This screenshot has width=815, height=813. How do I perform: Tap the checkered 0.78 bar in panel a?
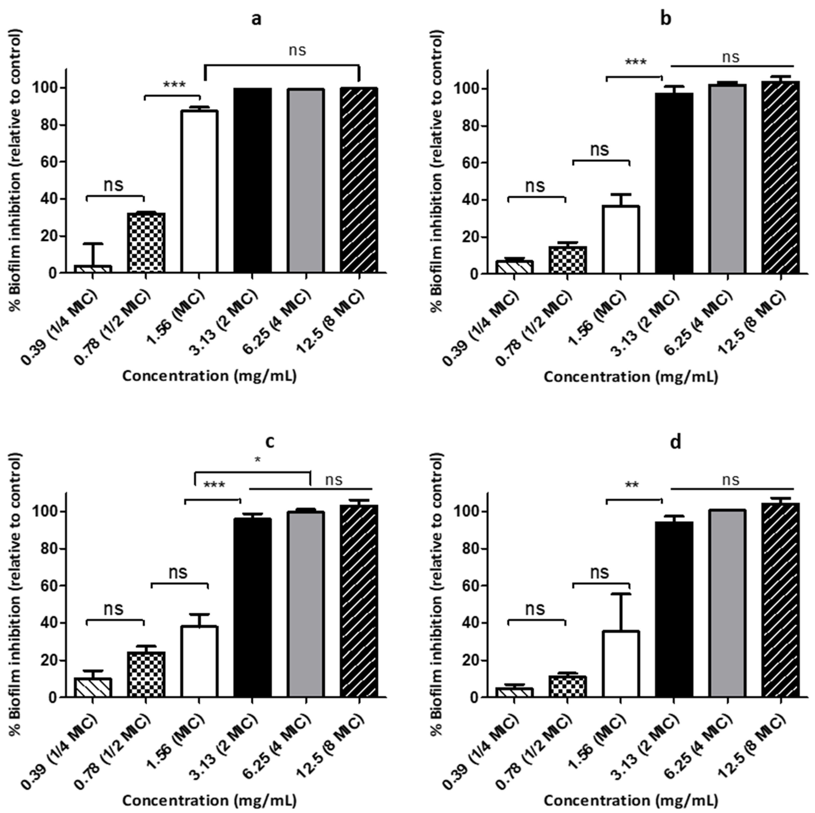pos(146,243)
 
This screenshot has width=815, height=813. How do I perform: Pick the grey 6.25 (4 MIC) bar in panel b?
pos(727,179)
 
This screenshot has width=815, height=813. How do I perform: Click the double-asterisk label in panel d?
pos(632,485)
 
